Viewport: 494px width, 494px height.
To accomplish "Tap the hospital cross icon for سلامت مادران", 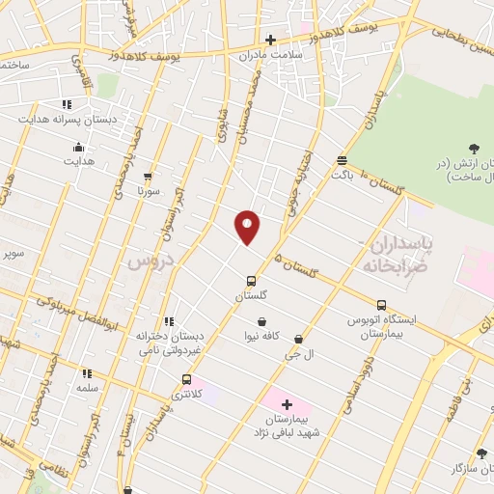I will click(271, 40).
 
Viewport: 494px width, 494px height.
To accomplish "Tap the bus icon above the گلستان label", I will click(251, 281).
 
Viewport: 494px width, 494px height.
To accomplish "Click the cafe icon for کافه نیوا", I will click(261, 321).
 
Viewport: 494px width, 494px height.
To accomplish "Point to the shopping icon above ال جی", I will click(299, 340).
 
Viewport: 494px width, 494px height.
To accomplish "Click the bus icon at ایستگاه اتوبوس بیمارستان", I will click(381, 305).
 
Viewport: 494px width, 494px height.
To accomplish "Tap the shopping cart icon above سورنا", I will click(148, 177).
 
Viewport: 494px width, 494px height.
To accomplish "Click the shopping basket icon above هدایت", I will click(78, 147).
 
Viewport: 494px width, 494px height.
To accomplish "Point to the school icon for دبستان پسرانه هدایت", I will click(67, 104).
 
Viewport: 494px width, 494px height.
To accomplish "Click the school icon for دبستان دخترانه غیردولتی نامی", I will click(169, 321).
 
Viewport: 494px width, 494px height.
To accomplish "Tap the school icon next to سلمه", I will click(87, 373).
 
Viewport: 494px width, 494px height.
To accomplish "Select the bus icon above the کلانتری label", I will click(186, 379).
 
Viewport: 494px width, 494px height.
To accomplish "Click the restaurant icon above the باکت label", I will click(343, 160).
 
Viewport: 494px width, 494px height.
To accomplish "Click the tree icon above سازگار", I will click(481, 453).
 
